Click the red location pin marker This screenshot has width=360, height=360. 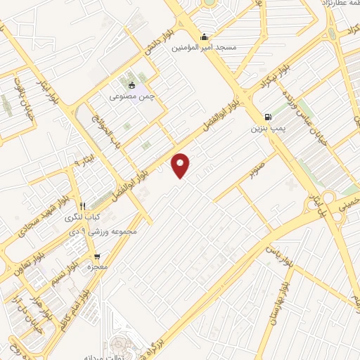(181, 165)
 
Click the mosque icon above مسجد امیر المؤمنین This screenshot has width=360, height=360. (205, 37)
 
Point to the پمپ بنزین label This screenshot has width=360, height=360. (266, 129)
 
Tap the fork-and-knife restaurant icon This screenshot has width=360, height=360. (83, 206)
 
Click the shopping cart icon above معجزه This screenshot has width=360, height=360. (96, 256)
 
